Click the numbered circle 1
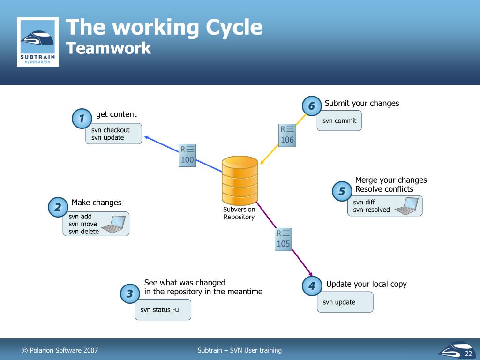[x=82, y=119]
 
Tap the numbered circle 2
[x=58, y=207]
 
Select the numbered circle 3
[x=130, y=294]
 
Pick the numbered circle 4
[x=312, y=285]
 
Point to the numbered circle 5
[x=341, y=191]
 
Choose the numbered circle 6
[x=311, y=106]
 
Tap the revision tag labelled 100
[x=187, y=155]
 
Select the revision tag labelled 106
[x=287, y=135]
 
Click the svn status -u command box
[x=163, y=309]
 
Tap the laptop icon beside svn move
[x=113, y=224]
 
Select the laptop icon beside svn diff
[x=406, y=206]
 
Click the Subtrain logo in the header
[x=37, y=42]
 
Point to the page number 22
[x=468, y=353]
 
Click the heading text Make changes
[x=97, y=202]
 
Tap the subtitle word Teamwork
[x=108, y=48]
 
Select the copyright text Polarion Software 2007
[x=60, y=350]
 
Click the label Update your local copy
[x=366, y=284]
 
